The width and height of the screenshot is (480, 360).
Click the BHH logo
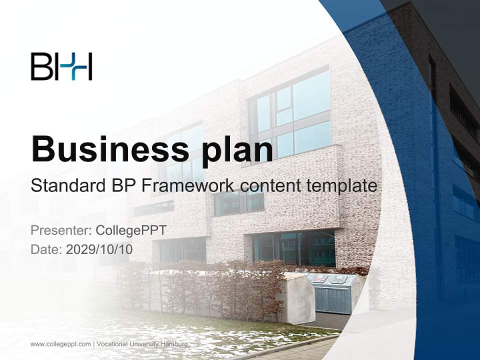[61, 66]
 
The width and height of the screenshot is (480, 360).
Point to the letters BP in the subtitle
[121, 186]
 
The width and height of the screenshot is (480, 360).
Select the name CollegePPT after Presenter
[130, 230]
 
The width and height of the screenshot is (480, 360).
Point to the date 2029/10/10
[99, 249]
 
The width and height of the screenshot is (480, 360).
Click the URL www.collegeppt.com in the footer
[61, 344]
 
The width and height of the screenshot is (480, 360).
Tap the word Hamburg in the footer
[175, 344]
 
